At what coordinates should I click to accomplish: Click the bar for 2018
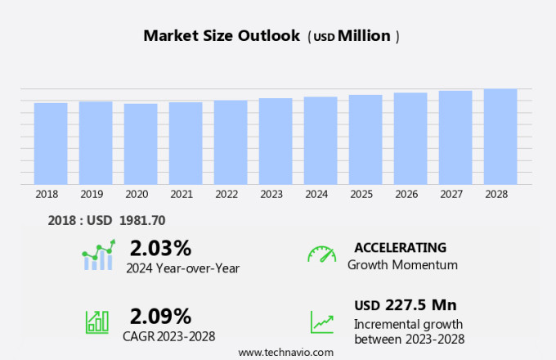pyautogui.click(x=51, y=143)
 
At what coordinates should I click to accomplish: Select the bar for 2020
pyautogui.click(x=141, y=144)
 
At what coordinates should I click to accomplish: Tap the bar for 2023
pyautogui.click(x=276, y=141)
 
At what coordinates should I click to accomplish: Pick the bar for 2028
pyautogui.click(x=500, y=137)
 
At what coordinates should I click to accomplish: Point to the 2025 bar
pyautogui.click(x=365, y=139)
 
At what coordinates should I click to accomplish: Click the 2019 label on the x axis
pyautogui.click(x=92, y=194)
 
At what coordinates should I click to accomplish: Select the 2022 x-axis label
pyautogui.click(x=226, y=194)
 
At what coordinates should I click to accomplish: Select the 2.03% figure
pyautogui.click(x=160, y=248)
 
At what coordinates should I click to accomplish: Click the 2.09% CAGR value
pyautogui.click(x=160, y=316)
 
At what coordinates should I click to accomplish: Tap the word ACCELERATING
pyautogui.click(x=401, y=247)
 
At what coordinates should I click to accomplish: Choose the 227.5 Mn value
pyautogui.click(x=421, y=305)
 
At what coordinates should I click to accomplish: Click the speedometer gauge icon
pyautogui.click(x=321, y=254)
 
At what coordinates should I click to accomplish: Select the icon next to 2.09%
pyautogui.click(x=97, y=321)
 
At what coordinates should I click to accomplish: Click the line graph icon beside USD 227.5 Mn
pyautogui.click(x=321, y=322)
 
